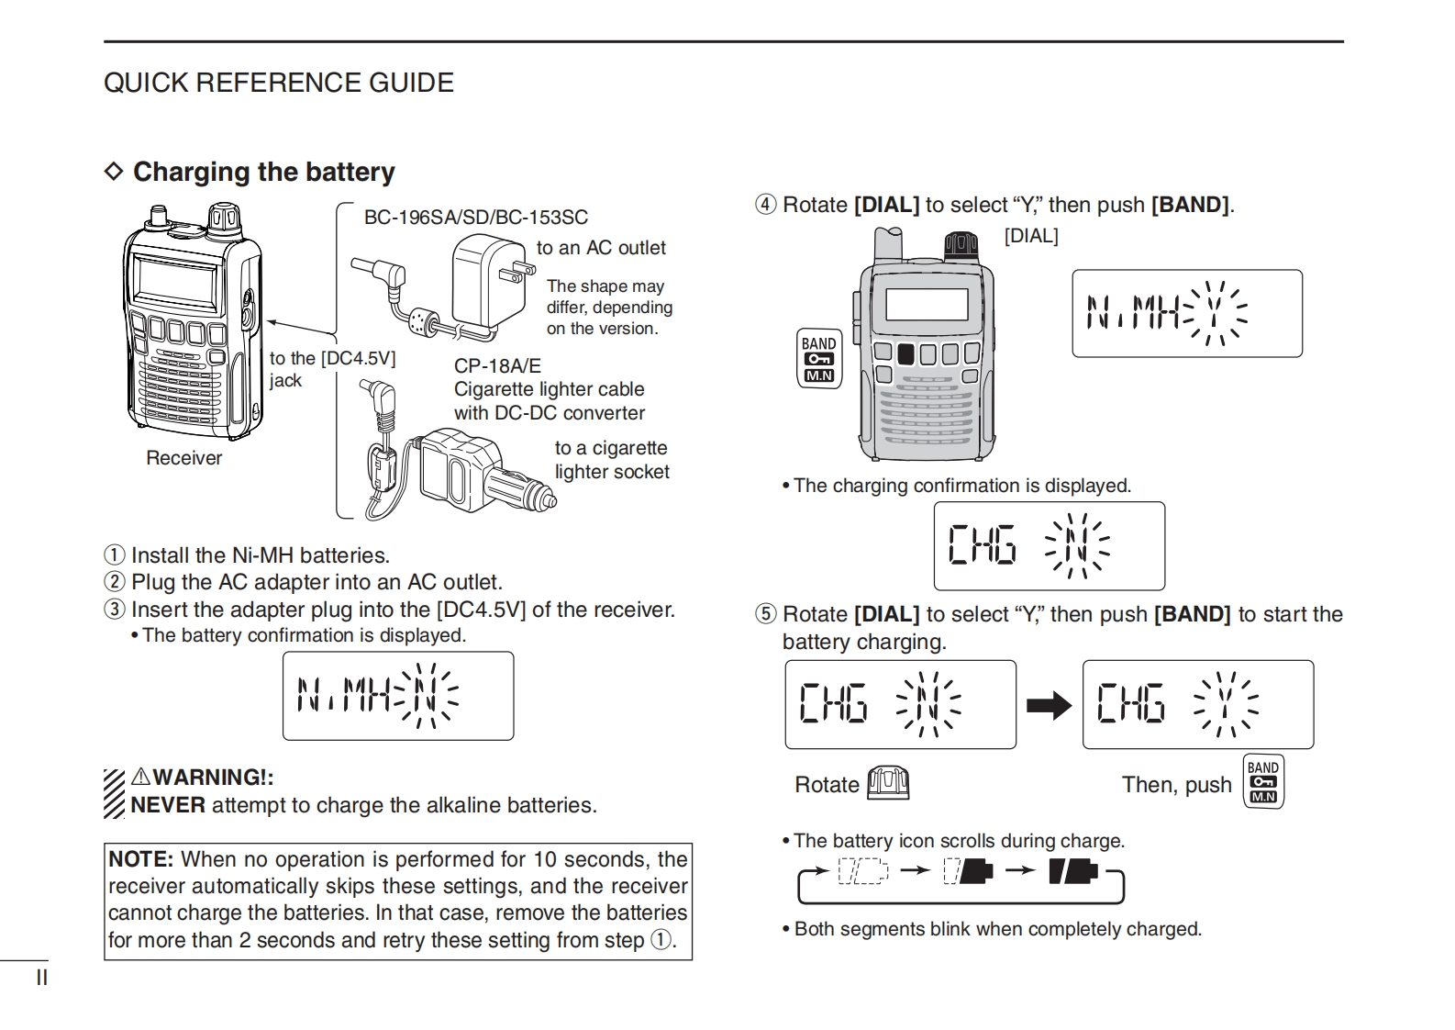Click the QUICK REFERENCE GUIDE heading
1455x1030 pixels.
pyautogui.click(x=278, y=83)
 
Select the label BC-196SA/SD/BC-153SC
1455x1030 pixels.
pyautogui.click(x=475, y=218)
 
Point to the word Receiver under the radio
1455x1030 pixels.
pyautogui.click(x=183, y=458)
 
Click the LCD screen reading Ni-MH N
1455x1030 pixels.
pyautogui.click(x=397, y=696)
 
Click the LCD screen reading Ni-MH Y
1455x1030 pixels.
pyautogui.click(x=1186, y=313)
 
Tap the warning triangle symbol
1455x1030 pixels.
pyautogui.click(x=140, y=777)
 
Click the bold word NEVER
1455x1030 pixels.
pyautogui.click(x=168, y=805)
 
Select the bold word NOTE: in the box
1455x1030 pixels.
pyautogui.click(x=140, y=859)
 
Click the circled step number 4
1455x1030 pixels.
pyautogui.click(x=765, y=205)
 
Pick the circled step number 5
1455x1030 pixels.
pyautogui.click(x=765, y=614)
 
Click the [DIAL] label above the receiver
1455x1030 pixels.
pyautogui.click(x=1030, y=236)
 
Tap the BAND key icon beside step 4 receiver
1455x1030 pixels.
pyautogui.click(x=818, y=358)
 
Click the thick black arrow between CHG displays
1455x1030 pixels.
pyautogui.click(x=1049, y=705)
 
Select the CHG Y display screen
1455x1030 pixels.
pyautogui.click(x=1197, y=704)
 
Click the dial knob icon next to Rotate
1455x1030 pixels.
pyautogui.click(x=888, y=783)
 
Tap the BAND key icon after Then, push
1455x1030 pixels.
pyautogui.click(x=1262, y=781)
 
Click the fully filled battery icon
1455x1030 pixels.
pyautogui.click(x=1072, y=870)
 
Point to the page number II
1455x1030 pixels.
pyautogui.click(x=41, y=978)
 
